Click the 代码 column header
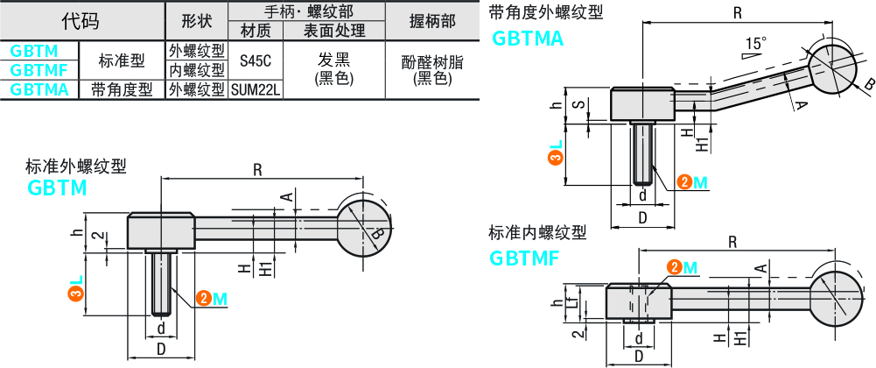tap(81, 20)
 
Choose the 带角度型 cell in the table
tap(122, 88)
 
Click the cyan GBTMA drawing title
tap(528, 39)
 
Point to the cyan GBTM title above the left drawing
tap(58, 188)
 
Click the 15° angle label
tap(756, 42)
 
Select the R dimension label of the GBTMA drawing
tap(737, 12)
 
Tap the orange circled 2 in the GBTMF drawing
tap(675, 267)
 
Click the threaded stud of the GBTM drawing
tap(161, 282)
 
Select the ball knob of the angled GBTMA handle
tap(833, 69)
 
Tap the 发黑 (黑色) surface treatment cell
tap(333, 68)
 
